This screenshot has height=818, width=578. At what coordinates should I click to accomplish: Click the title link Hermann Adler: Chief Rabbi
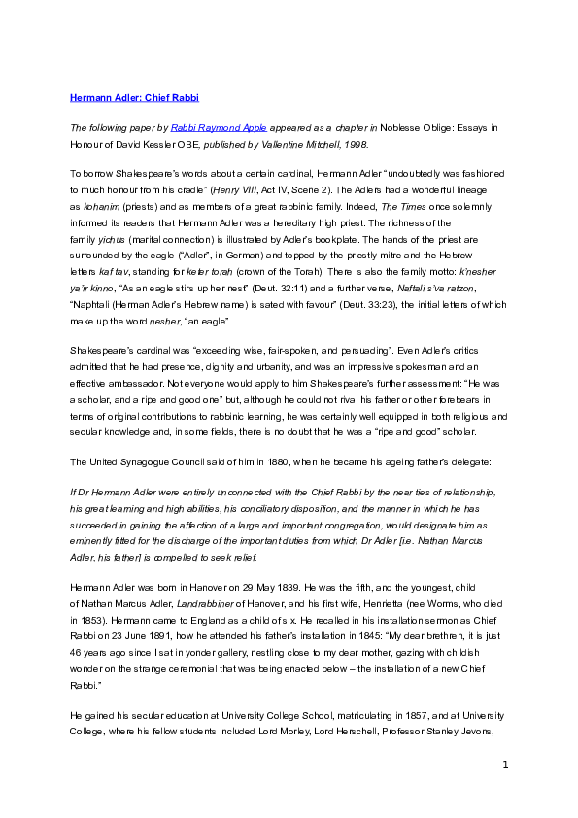(x=135, y=98)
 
